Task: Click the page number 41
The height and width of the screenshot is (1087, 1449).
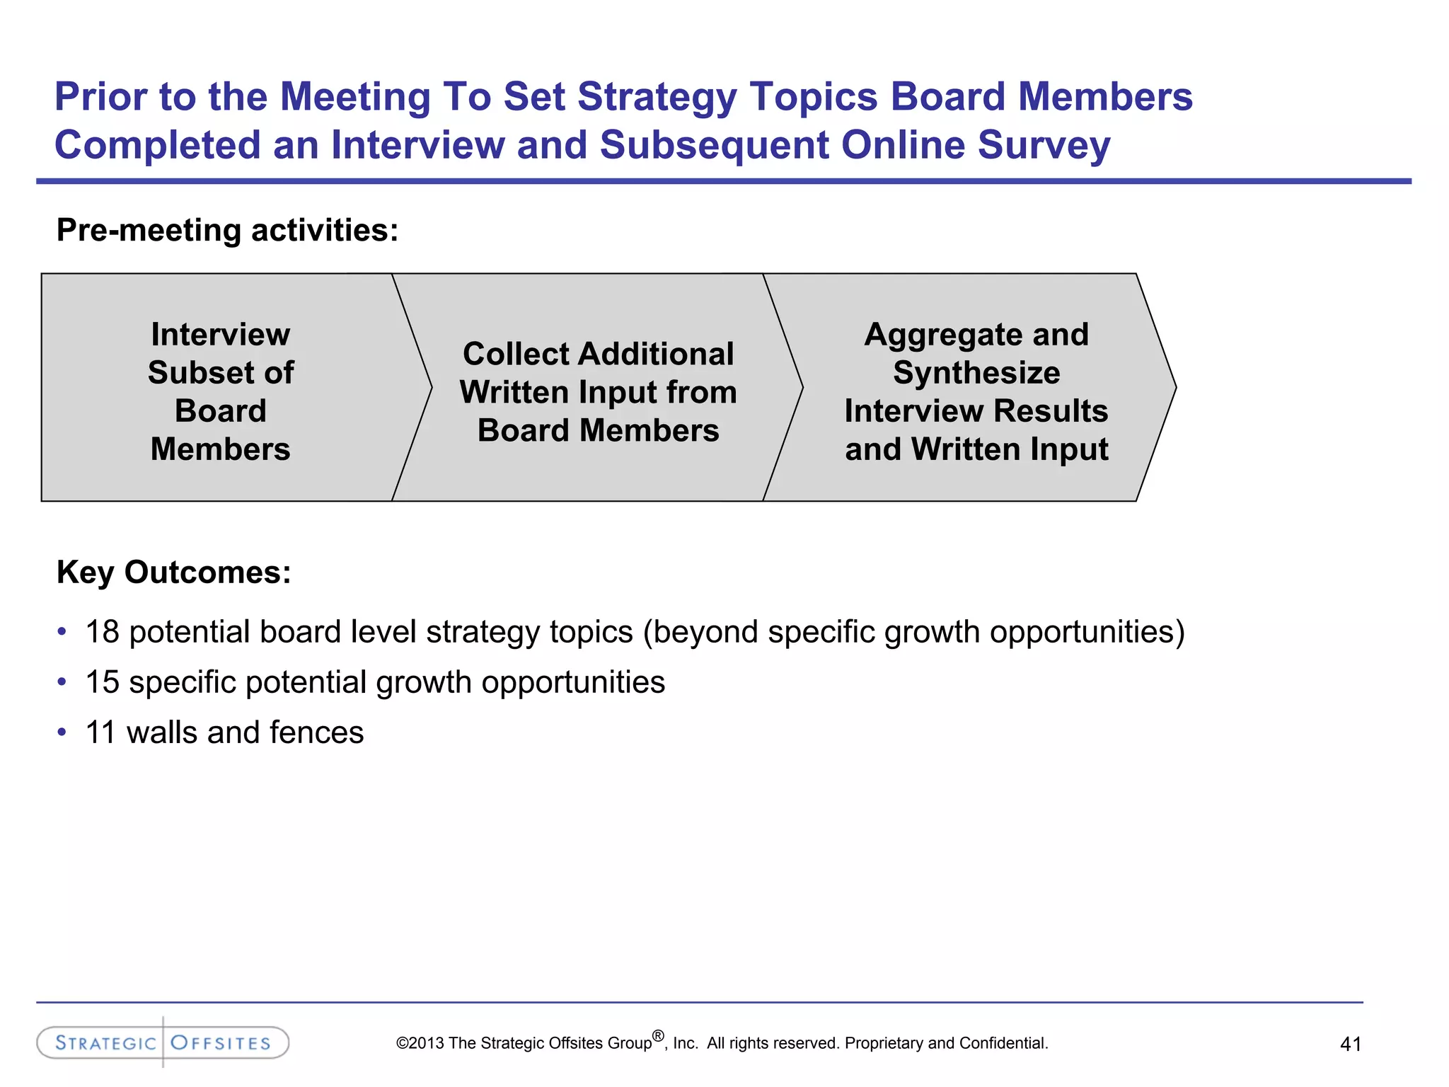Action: click(1350, 1044)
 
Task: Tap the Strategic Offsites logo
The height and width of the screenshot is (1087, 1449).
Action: click(163, 1042)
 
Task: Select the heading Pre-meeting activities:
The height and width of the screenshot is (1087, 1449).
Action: click(227, 230)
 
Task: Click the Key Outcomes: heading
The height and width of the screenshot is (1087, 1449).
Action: click(174, 572)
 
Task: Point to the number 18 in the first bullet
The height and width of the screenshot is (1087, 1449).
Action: click(103, 632)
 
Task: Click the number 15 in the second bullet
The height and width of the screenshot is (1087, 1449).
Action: click(103, 682)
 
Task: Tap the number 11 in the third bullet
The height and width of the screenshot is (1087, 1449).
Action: click(100, 732)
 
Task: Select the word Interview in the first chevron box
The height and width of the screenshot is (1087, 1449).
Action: click(220, 334)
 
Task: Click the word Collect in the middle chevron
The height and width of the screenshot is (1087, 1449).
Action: click(516, 354)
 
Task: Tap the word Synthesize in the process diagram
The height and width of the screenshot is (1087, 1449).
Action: click(976, 372)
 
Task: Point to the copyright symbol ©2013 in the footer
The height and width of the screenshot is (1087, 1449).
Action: click(420, 1043)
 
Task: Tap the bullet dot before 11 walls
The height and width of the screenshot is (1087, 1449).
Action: click(62, 732)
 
